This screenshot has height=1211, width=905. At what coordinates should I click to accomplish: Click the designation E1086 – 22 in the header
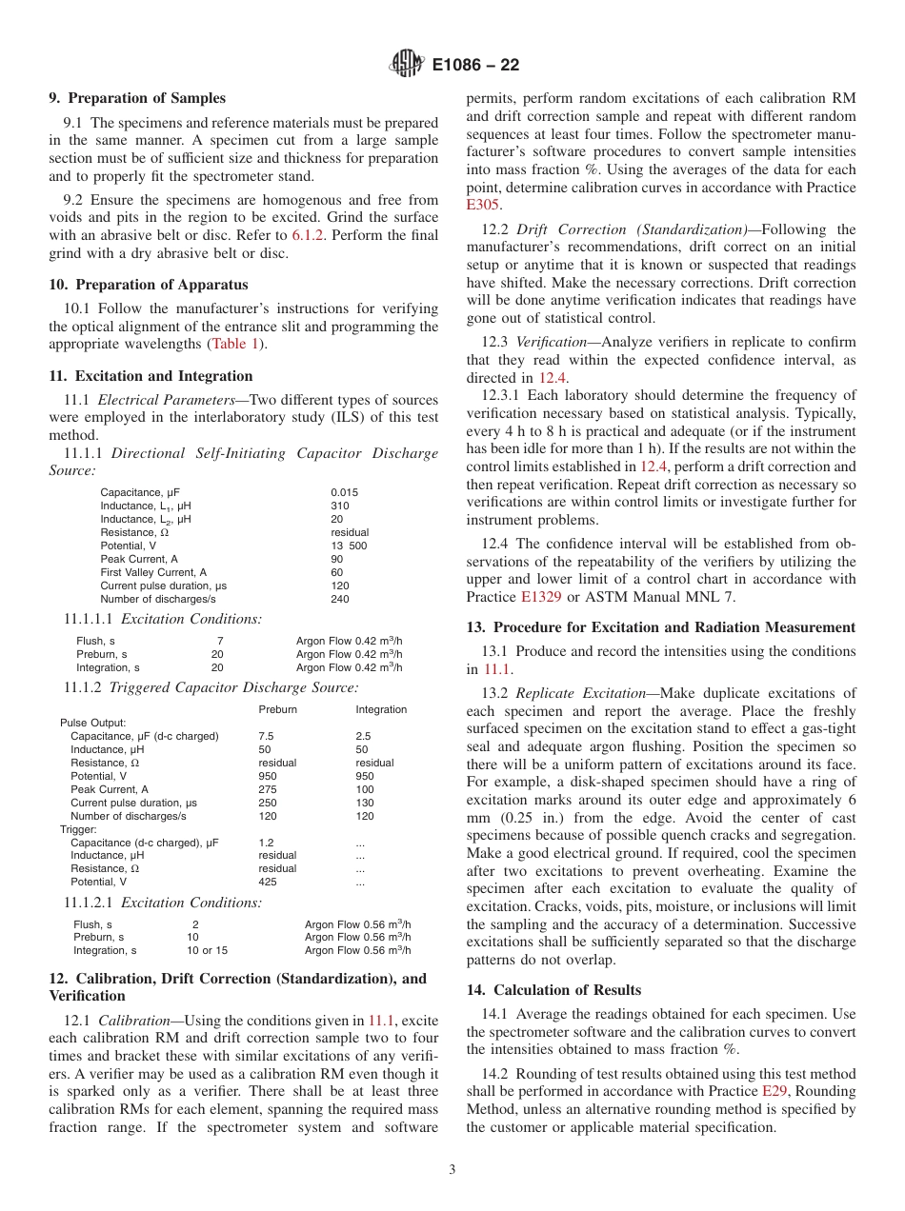pyautogui.click(x=476, y=66)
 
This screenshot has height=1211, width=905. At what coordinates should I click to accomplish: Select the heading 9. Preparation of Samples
pyautogui.click(x=137, y=98)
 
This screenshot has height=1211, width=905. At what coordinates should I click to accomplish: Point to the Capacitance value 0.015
pyautogui.click(x=344, y=492)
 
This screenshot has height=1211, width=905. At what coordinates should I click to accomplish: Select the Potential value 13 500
pyautogui.click(x=348, y=546)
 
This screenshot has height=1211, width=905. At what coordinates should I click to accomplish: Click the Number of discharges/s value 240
pyautogui.click(x=339, y=599)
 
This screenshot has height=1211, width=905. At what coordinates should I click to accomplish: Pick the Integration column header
pyautogui.click(x=381, y=709)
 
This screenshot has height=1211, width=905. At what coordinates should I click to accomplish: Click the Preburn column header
pyautogui.click(x=277, y=709)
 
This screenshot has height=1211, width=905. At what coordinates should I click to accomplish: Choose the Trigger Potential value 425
pyautogui.click(x=270, y=882)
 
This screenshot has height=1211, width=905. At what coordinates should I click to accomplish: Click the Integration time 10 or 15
pyautogui.click(x=207, y=950)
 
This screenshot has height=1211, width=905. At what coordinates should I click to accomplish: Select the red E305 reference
pyautogui.click(x=483, y=205)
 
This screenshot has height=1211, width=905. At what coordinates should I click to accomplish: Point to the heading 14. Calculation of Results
pyautogui.click(x=553, y=990)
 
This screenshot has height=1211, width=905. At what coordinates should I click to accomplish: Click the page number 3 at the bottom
pyautogui.click(x=452, y=1170)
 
